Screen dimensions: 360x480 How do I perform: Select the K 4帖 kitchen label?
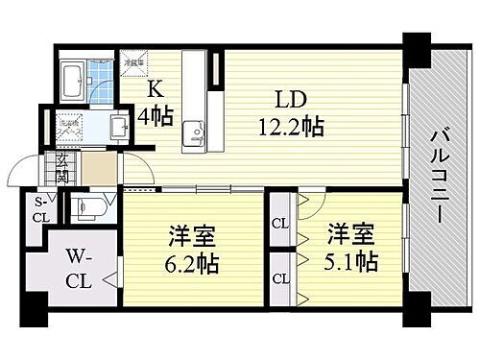[158, 102]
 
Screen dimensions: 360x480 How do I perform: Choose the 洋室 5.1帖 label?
[349, 248]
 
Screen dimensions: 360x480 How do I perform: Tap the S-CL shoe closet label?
[40, 209]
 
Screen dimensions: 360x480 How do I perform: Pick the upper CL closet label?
[280, 224]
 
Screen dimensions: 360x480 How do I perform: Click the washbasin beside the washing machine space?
[119, 128]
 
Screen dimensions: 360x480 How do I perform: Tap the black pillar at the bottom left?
[36, 309]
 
